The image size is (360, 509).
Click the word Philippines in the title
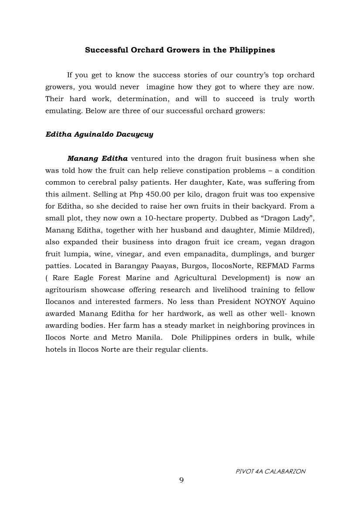tap(252, 50)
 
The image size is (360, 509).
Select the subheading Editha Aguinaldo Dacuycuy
tap(99, 135)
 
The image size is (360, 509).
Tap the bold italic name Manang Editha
tap(97, 158)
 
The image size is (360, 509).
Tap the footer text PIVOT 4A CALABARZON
tap(270, 471)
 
